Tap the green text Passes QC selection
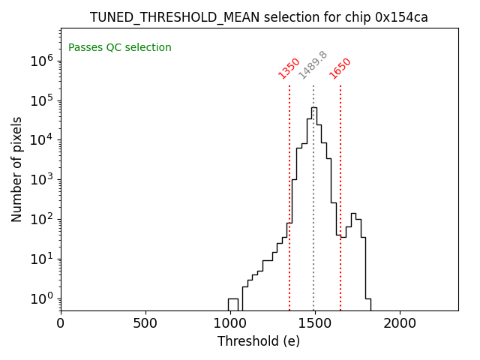click(120, 48)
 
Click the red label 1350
click(289, 68)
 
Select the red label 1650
click(340, 68)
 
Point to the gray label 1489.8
click(313, 65)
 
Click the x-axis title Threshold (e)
click(259, 341)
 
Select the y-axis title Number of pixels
click(17, 169)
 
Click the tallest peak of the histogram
click(314, 108)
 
